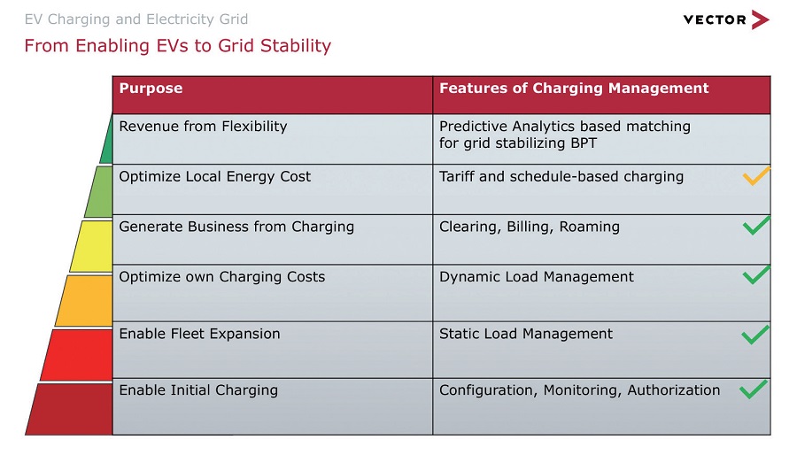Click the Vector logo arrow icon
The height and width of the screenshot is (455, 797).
(761, 19)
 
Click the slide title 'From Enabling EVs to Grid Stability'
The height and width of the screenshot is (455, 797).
(178, 46)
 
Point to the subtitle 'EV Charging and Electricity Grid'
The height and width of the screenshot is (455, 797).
(136, 19)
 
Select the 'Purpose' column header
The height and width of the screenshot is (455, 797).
(151, 88)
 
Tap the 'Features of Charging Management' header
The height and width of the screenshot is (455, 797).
(574, 89)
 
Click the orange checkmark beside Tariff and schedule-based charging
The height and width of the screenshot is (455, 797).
(756, 176)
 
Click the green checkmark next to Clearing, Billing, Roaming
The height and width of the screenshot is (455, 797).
(756, 226)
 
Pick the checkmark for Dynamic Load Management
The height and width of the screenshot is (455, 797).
(756, 274)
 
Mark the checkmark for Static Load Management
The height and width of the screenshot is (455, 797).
(755, 334)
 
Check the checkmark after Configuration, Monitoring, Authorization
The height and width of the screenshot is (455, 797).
(754, 389)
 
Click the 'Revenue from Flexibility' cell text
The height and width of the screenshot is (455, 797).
(204, 126)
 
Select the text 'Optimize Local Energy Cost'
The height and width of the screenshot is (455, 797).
(215, 177)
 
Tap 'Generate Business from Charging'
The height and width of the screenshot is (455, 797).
(236, 227)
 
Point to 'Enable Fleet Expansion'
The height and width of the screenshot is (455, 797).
(200, 334)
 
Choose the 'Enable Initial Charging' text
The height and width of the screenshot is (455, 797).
(198, 390)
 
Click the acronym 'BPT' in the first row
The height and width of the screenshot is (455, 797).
(584, 143)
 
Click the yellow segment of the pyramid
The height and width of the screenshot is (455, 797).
(92, 246)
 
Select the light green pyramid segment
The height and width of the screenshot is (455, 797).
(99, 192)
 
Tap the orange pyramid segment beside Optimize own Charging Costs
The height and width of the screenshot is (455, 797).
(85, 300)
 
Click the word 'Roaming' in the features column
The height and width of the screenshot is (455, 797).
(590, 227)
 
